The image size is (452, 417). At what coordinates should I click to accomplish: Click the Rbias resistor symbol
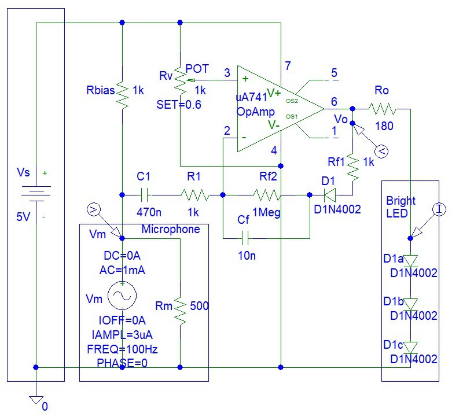[x=122, y=93]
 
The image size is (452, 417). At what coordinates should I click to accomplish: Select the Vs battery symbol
[x=36, y=193]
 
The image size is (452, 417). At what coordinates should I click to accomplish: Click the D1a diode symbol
[x=410, y=261]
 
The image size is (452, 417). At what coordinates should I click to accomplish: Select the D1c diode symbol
[x=410, y=348]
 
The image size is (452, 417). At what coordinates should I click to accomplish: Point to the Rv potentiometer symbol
[x=181, y=81]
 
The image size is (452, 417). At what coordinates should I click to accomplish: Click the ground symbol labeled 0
[x=36, y=399]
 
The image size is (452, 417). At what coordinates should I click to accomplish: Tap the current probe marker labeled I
[x=439, y=209]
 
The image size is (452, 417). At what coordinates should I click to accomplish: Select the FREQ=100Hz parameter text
[x=122, y=349]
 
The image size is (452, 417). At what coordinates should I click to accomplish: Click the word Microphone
[x=171, y=230]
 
